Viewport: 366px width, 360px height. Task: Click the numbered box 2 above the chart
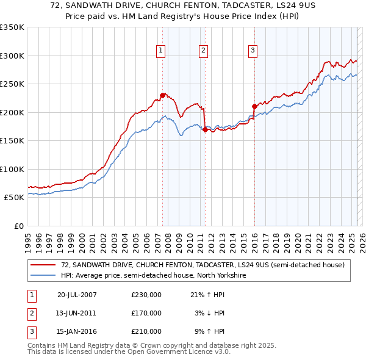pyautogui.click(x=203, y=51)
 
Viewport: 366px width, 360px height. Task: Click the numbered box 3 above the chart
pyautogui.click(x=253, y=51)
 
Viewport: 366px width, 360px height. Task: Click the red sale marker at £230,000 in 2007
pyautogui.click(x=162, y=95)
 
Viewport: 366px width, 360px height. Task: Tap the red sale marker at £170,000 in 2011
pyautogui.click(x=204, y=129)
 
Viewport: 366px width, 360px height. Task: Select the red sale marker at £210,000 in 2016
pyautogui.click(x=254, y=107)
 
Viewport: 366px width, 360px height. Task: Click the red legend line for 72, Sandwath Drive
pyautogui.click(x=43, y=265)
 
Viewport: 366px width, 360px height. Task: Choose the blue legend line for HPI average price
pyautogui.click(x=43, y=275)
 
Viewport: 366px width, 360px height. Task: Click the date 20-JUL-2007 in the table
pyautogui.click(x=77, y=294)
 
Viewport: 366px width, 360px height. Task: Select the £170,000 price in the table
pyautogui.click(x=146, y=313)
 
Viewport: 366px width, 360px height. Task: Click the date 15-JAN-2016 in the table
pyautogui.click(x=77, y=332)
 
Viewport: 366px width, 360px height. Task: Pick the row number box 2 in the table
pyautogui.click(x=30, y=313)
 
